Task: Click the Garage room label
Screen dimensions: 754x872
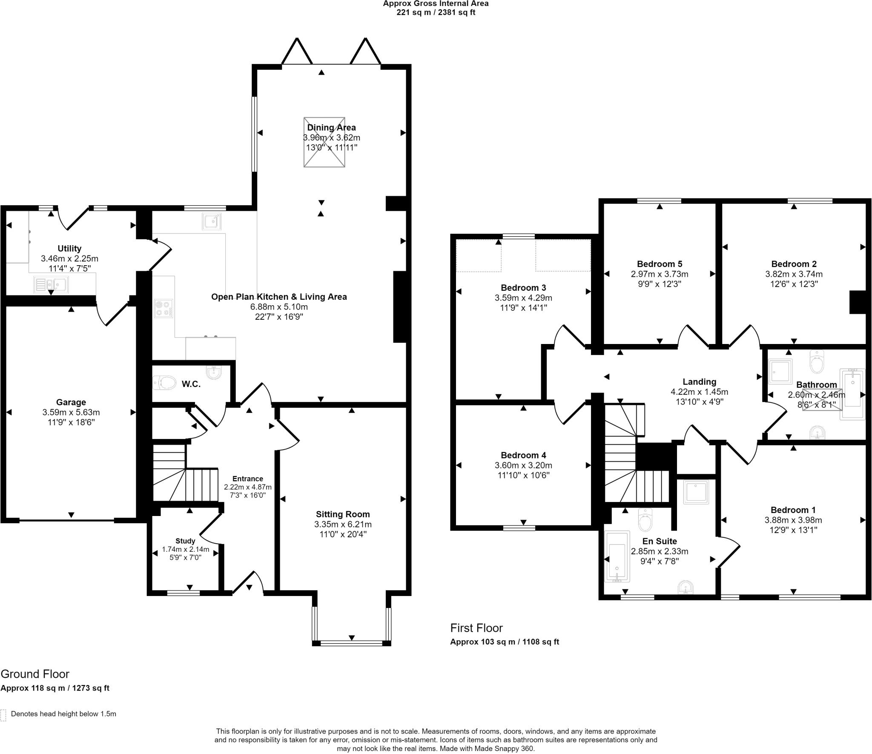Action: click(x=71, y=402)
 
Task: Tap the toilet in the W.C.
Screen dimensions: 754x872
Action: click(x=164, y=382)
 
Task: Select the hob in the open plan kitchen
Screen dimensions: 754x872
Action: click(x=164, y=309)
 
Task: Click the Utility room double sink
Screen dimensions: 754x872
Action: click(x=51, y=284)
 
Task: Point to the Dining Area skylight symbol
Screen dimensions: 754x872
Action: click(x=324, y=142)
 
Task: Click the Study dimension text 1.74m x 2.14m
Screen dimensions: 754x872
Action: click(x=185, y=550)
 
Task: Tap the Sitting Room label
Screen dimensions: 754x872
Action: click(x=343, y=514)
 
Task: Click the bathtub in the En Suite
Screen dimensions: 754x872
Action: click(x=617, y=556)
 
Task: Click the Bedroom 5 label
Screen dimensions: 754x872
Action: click(x=660, y=264)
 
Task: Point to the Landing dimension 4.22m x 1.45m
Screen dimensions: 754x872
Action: click(x=699, y=392)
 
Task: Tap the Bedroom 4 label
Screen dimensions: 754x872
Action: click(x=523, y=455)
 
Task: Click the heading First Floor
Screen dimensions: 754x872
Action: click(x=476, y=628)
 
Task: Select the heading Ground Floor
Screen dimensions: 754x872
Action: click(x=35, y=674)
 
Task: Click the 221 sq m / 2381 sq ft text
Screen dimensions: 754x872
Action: click(x=436, y=13)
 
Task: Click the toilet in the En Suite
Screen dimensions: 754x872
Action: click(x=645, y=521)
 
